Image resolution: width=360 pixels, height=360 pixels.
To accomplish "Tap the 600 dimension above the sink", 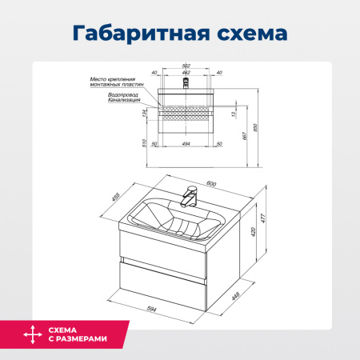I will pos(211,183).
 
